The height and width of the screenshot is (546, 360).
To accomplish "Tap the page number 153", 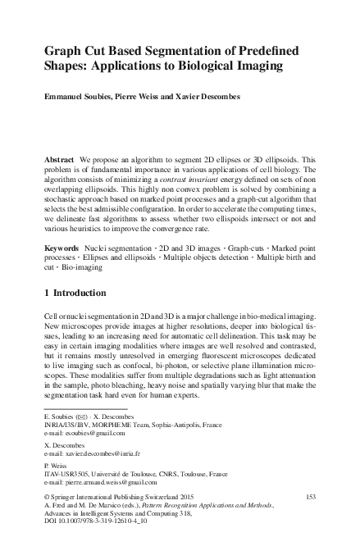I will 310,497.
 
